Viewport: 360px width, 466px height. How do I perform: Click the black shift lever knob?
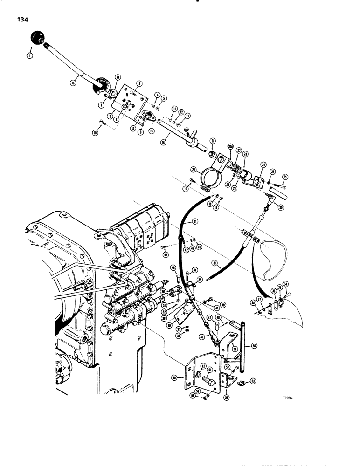click(37, 38)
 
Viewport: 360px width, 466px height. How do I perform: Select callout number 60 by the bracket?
click(174, 377)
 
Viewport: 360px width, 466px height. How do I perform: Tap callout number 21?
click(212, 141)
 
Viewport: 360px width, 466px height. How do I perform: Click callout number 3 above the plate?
click(139, 83)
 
